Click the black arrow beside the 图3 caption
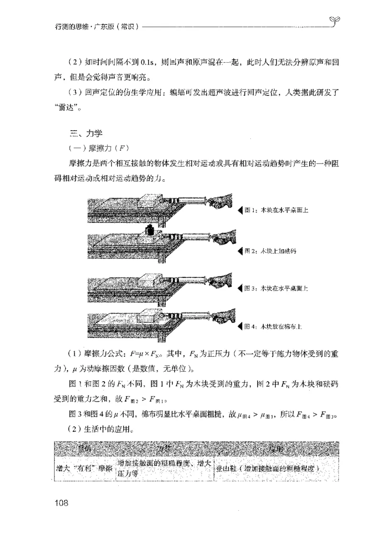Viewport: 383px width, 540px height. pos(240,288)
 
